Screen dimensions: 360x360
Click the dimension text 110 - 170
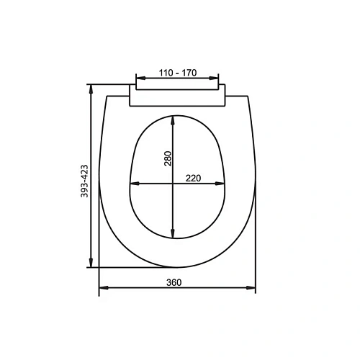point(177,73)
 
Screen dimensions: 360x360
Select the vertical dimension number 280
point(168,158)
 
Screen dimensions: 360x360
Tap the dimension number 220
point(192,178)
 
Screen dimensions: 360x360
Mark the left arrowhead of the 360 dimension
point(102,288)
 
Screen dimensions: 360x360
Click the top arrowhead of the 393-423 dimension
point(91,89)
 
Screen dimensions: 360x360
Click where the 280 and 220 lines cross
point(173,184)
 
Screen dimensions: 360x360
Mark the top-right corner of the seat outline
point(248,96)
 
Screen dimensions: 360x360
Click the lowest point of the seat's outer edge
point(177,266)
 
